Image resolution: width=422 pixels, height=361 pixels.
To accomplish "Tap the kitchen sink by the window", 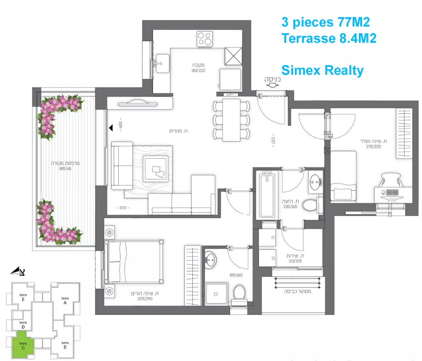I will pos(162,63).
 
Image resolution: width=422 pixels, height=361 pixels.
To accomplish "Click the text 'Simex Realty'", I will pos(322,70).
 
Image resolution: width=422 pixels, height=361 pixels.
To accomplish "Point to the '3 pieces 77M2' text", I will pos(325,22).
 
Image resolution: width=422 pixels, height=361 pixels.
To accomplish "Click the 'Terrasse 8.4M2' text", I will pos(329,38).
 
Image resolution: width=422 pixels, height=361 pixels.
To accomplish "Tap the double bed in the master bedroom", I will pos(134,261).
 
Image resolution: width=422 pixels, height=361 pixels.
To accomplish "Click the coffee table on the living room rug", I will pos(157,169).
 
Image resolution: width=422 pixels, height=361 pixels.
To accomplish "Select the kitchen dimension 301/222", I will pos(198,70).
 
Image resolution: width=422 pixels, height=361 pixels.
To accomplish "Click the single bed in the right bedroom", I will pos(343,176).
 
